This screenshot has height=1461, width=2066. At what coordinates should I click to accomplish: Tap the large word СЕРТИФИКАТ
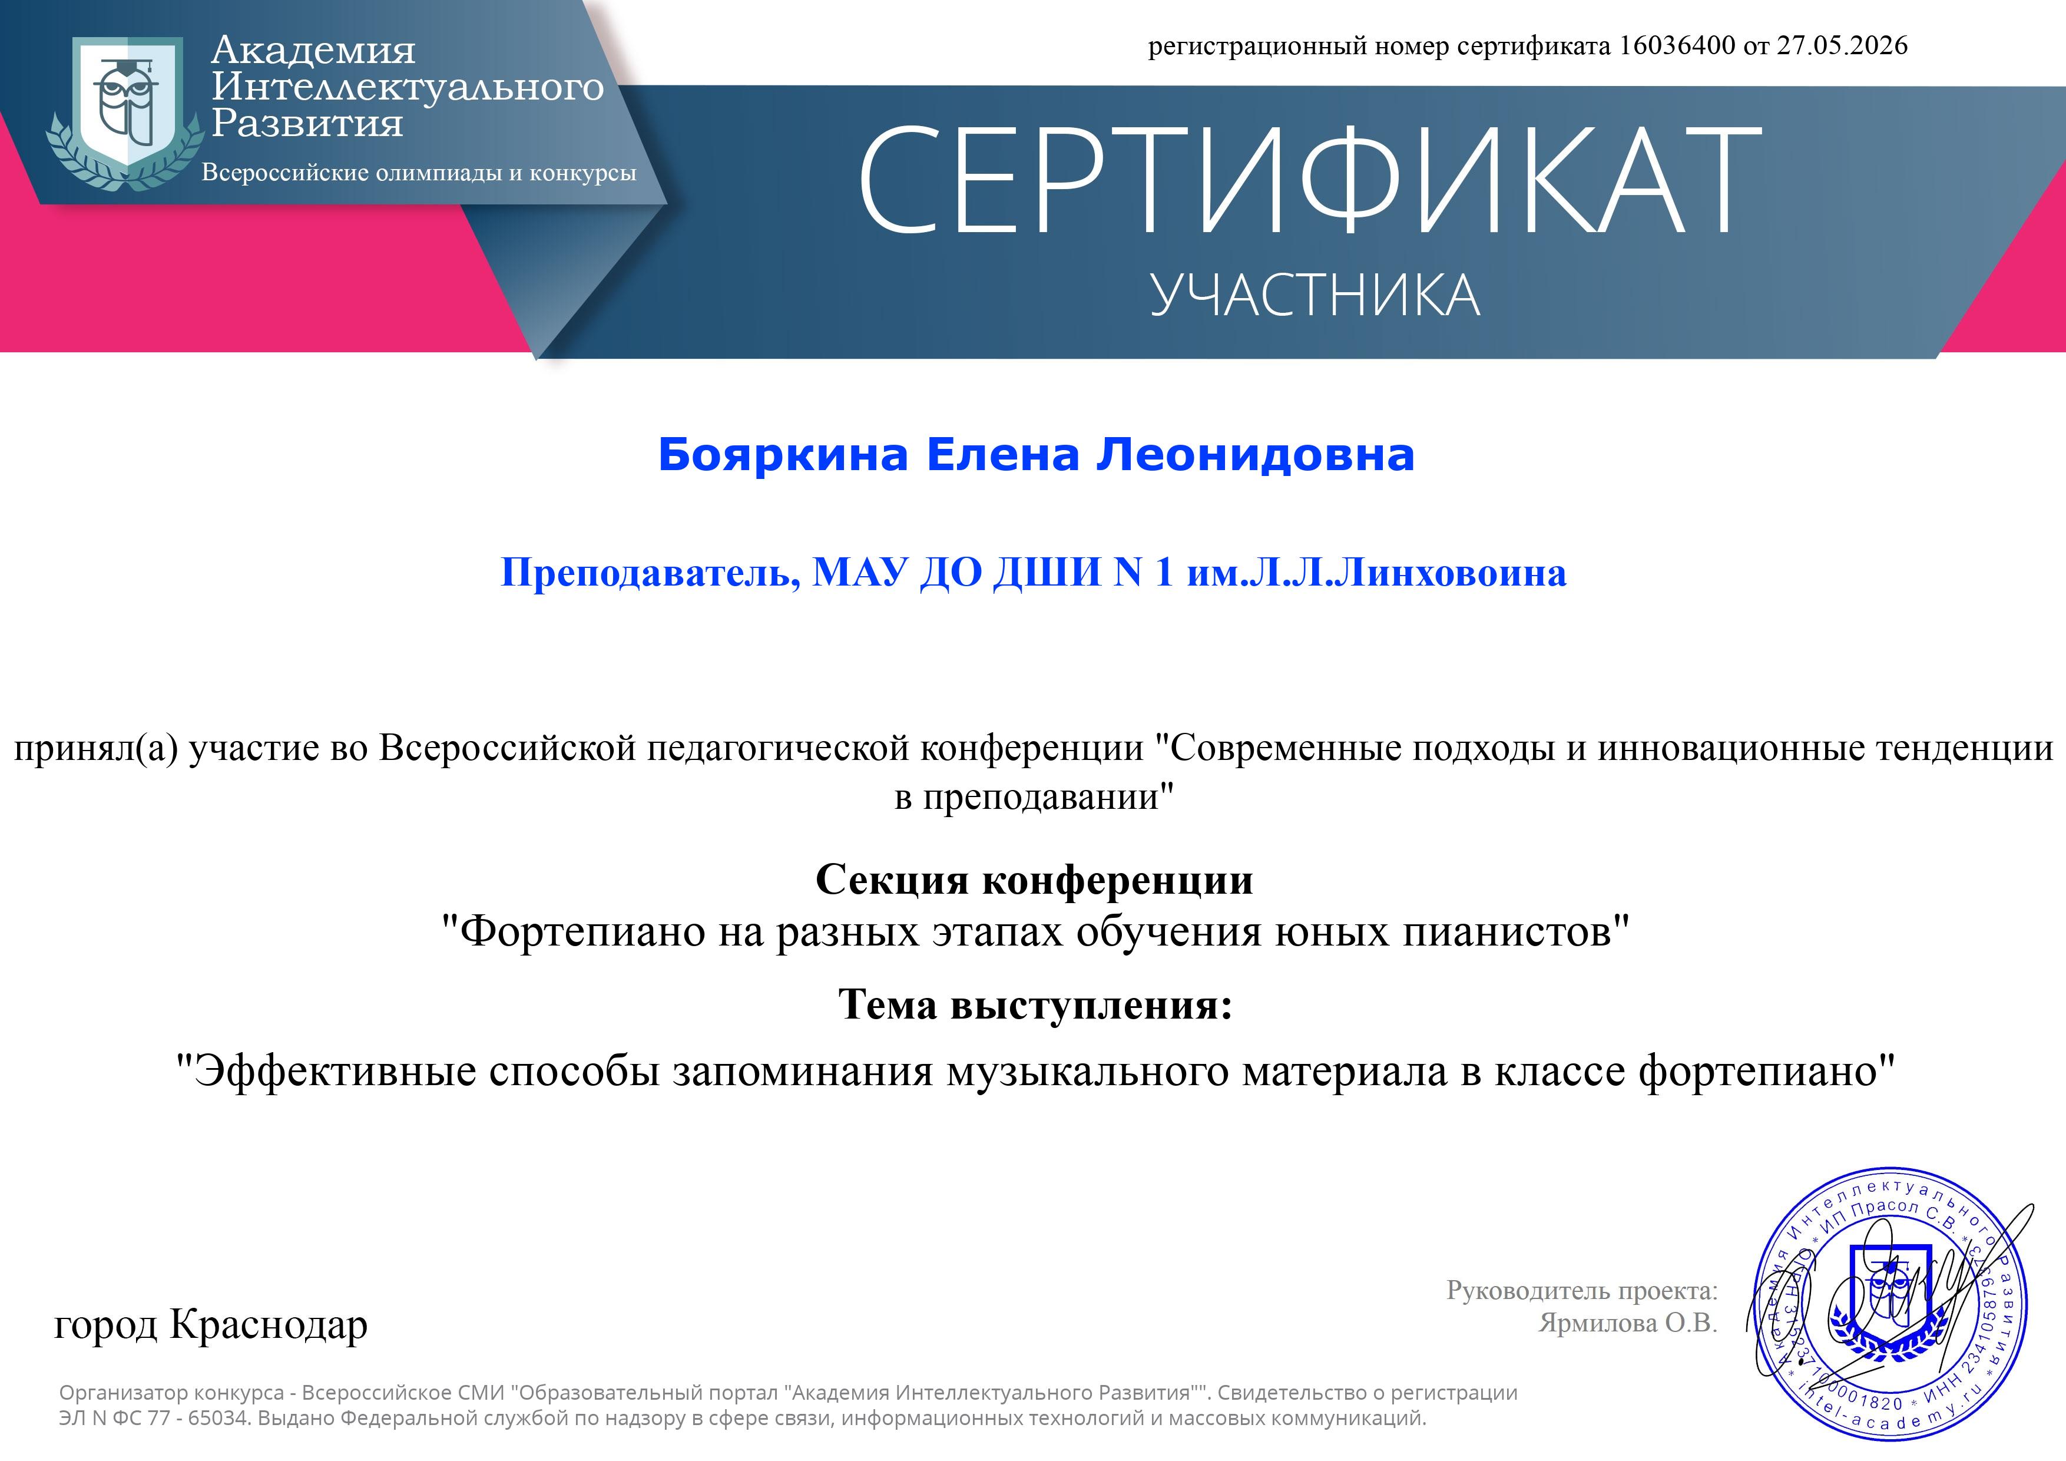(x=1309, y=180)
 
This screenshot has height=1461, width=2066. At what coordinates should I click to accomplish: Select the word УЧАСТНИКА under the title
(x=1315, y=295)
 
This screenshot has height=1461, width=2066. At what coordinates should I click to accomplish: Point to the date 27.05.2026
(x=1842, y=45)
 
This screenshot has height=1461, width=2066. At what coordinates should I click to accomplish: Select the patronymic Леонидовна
(x=1254, y=455)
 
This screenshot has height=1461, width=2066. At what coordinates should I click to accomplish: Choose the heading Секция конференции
(x=1034, y=880)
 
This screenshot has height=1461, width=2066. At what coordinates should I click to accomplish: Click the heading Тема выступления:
(x=1035, y=1004)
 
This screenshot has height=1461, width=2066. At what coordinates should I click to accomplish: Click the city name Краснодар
(x=268, y=1325)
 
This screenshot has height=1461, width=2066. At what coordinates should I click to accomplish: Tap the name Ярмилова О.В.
(x=1628, y=1323)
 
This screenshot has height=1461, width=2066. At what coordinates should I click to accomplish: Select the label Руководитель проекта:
(x=1582, y=1290)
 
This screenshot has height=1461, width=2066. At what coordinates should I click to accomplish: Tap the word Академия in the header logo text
(x=313, y=51)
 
